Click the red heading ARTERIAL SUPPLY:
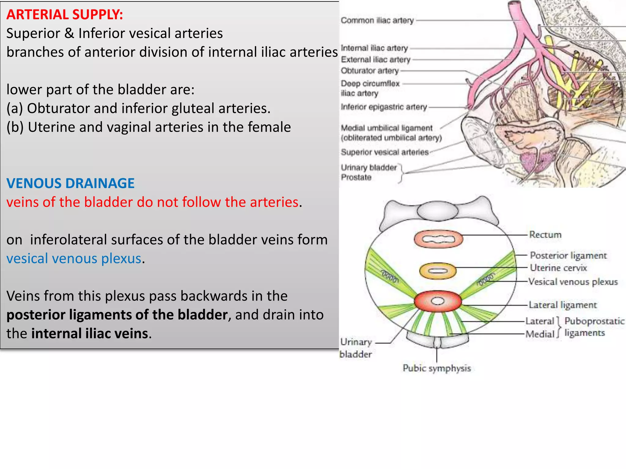point(64,15)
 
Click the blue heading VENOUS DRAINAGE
point(70,183)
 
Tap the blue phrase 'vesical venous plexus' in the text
point(74,259)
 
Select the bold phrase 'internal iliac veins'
point(90,333)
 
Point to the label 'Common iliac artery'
point(377,20)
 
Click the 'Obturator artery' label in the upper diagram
point(370,71)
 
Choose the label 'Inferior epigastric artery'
point(384,107)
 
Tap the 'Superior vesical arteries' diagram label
point(385,152)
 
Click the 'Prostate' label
point(356,177)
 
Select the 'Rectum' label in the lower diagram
point(545,235)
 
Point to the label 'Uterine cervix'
point(558,268)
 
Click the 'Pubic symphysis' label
point(436,368)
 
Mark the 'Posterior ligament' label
point(568,256)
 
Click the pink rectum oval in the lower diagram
point(438,239)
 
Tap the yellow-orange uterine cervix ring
point(437,271)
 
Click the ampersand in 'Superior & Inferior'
point(69,33)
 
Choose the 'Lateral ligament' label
point(562,305)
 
